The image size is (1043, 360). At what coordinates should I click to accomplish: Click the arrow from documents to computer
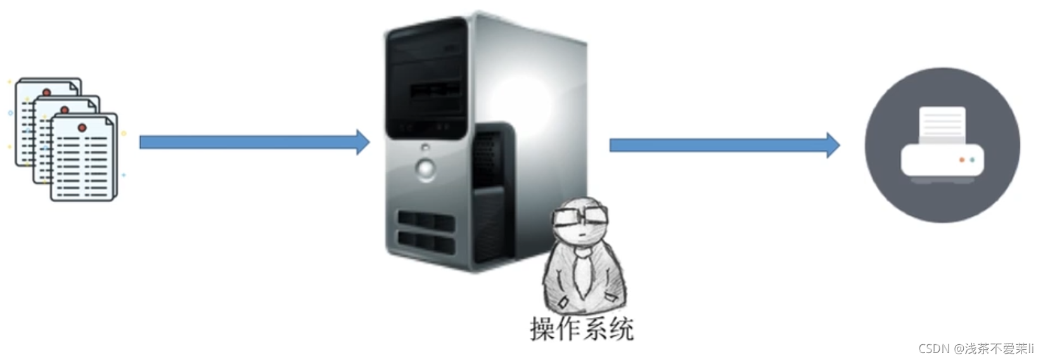[x=255, y=142]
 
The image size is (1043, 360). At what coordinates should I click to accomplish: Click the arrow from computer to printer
[x=724, y=145]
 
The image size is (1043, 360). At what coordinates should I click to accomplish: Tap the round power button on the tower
[x=425, y=168]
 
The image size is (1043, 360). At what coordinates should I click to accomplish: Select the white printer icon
[x=942, y=145]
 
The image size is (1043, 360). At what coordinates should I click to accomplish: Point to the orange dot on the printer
[x=961, y=160]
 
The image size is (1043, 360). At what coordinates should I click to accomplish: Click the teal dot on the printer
[x=972, y=160]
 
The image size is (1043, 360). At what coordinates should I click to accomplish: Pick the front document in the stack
[x=84, y=158]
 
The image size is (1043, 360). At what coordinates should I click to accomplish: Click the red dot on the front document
[x=82, y=127]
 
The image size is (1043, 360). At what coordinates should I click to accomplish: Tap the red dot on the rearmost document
[x=46, y=92]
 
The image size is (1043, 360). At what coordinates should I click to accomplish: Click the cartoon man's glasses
[x=580, y=217]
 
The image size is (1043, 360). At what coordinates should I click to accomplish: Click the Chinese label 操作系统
[x=582, y=330]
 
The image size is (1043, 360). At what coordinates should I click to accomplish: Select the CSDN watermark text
[x=976, y=349]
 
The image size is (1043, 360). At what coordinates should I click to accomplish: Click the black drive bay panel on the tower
[x=426, y=78]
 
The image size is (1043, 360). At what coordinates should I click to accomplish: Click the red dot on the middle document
[x=65, y=110]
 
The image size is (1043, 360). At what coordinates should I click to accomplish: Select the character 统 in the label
[x=621, y=330]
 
